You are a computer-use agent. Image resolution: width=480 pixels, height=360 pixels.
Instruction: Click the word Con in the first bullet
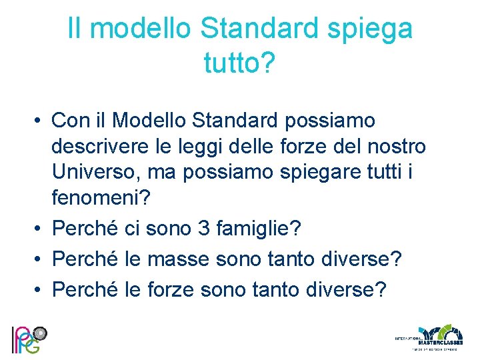point(71,121)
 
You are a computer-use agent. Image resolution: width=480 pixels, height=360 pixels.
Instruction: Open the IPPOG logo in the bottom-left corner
point(27,339)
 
